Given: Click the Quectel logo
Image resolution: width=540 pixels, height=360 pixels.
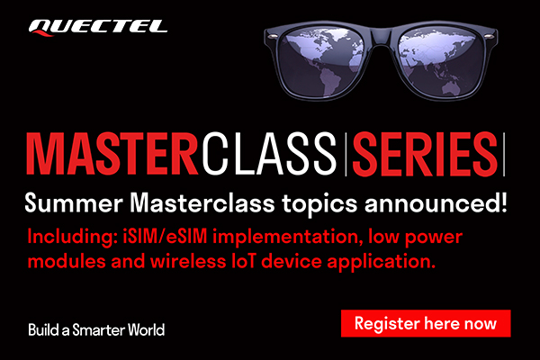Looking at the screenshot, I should [x=97, y=25].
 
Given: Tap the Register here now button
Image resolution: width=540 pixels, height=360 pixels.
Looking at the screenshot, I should [x=426, y=322].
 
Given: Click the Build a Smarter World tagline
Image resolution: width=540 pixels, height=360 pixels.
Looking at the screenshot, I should [x=96, y=329].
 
